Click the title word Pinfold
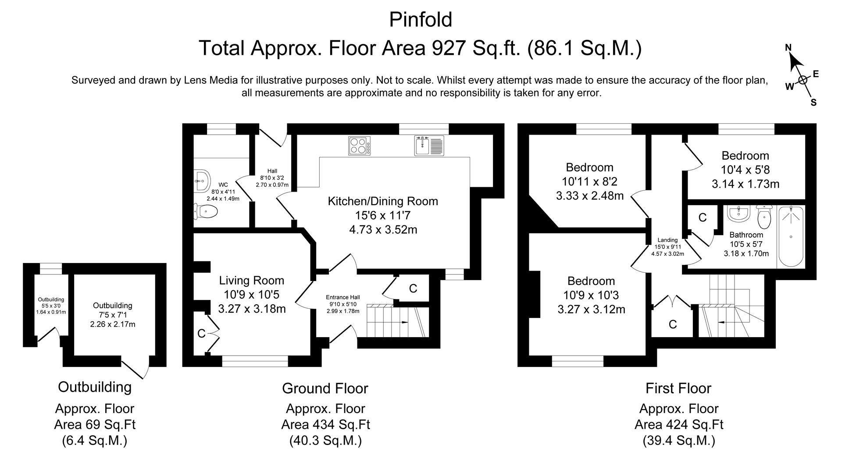[421, 20]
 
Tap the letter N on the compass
[788, 48]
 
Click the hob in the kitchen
[359, 146]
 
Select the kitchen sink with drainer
[429, 146]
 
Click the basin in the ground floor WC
[201, 180]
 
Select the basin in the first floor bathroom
[739, 213]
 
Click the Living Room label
[252, 281]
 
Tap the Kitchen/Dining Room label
[383, 201]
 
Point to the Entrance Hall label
[343, 297]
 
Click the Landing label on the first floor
[667, 240]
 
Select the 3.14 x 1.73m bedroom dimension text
[746, 184]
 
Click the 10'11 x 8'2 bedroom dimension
[590, 182]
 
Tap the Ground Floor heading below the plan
[325, 388]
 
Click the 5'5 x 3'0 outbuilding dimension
[51, 306]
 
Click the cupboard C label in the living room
[201, 334]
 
